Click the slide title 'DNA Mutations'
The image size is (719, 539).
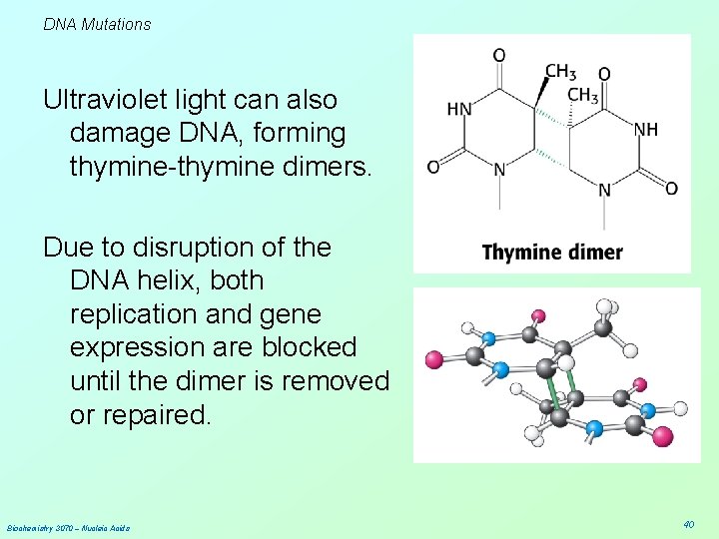(x=97, y=24)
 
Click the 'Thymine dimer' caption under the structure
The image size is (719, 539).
(x=551, y=253)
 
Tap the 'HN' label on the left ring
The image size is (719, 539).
(x=458, y=109)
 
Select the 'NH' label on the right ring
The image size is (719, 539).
(x=646, y=130)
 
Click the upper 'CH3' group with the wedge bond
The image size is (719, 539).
(x=560, y=71)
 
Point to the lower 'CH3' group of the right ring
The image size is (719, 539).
(x=582, y=96)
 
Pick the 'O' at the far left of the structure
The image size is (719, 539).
(x=433, y=167)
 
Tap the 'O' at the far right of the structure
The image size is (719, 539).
(x=671, y=188)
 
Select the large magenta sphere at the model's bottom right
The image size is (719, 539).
(x=662, y=435)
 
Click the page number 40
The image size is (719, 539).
(x=688, y=524)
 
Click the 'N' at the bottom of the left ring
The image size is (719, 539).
(x=499, y=170)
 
